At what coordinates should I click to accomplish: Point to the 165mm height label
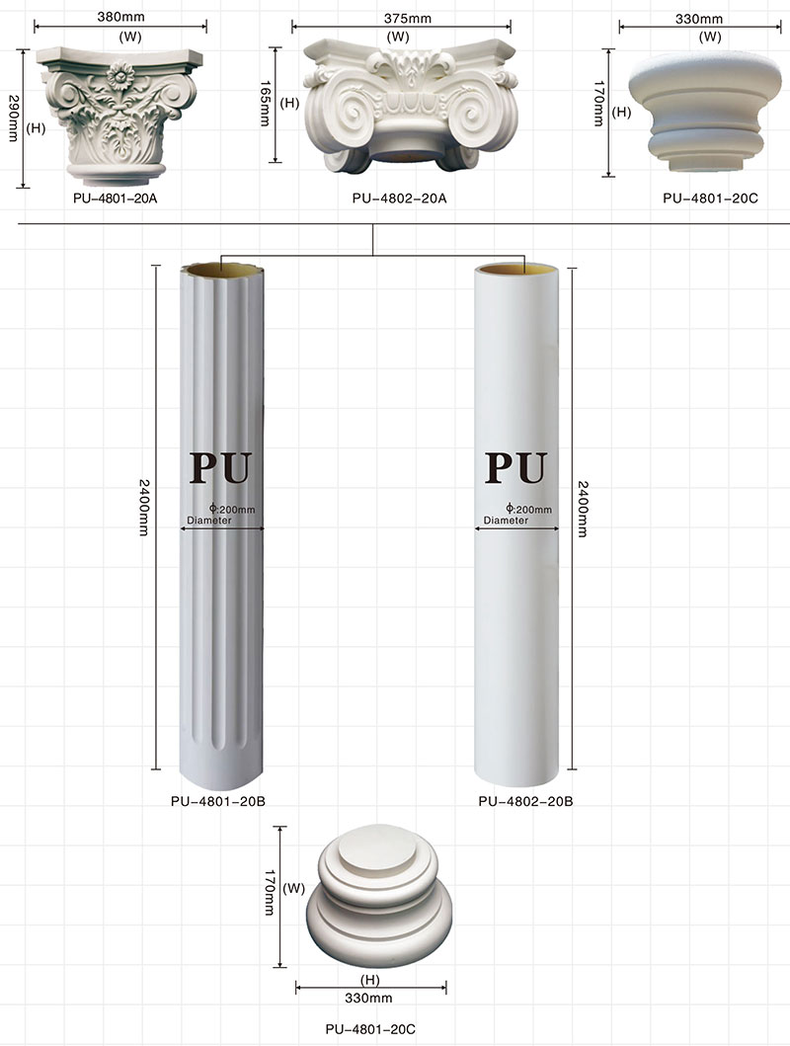pyautogui.click(x=264, y=102)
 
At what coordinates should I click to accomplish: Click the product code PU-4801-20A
pyautogui.click(x=115, y=199)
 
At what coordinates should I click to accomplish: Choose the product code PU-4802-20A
pyautogui.click(x=399, y=199)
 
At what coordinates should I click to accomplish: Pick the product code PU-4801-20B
pyautogui.click(x=217, y=800)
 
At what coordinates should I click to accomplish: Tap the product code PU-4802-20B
pyautogui.click(x=525, y=801)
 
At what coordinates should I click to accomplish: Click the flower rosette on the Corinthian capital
pyautogui.click(x=122, y=75)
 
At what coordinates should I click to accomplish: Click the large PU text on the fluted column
pyautogui.click(x=221, y=467)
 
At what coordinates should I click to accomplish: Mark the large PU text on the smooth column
pyautogui.click(x=516, y=467)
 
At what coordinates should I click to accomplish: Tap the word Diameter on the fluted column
pyautogui.click(x=208, y=520)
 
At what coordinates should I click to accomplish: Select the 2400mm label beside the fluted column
pyautogui.click(x=145, y=509)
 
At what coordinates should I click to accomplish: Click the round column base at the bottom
pyautogui.click(x=370, y=900)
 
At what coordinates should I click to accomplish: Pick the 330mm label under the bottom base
pyautogui.click(x=370, y=997)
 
